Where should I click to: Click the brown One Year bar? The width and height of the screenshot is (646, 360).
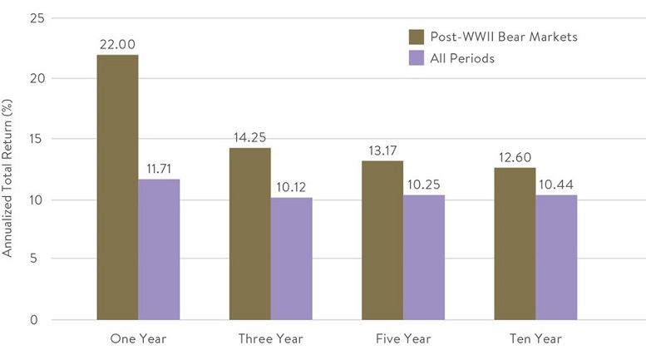pyautogui.click(x=117, y=187)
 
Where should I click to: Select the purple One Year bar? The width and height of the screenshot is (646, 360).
pyautogui.click(x=159, y=249)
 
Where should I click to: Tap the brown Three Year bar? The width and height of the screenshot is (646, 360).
pyautogui.click(x=249, y=234)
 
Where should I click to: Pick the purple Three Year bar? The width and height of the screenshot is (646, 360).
pyautogui.click(x=291, y=259)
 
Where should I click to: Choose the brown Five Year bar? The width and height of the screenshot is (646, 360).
pyautogui.click(x=382, y=240)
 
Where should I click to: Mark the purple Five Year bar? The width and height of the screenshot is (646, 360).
pyautogui.click(x=424, y=258)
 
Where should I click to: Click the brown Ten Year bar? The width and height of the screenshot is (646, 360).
pyautogui.click(x=515, y=244)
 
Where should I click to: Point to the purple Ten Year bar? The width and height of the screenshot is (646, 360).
pyautogui.click(x=556, y=257)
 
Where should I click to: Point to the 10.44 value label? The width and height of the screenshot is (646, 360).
pyautogui.click(x=556, y=185)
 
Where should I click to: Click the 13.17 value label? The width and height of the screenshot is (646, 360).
pyautogui.click(x=382, y=151)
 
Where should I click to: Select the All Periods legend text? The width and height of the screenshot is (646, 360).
pyautogui.click(x=462, y=58)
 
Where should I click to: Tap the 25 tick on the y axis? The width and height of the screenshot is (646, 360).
pyautogui.click(x=34, y=17)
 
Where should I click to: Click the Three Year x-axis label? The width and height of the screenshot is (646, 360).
pyautogui.click(x=270, y=339)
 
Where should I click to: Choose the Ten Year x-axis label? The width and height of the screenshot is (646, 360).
pyautogui.click(x=535, y=339)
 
